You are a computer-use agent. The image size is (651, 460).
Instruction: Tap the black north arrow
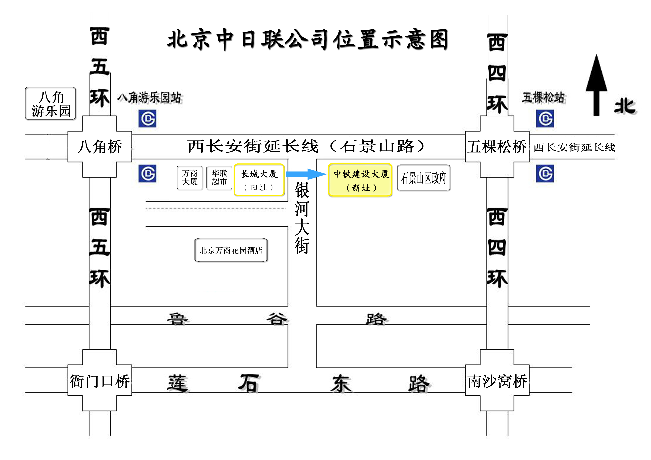(596, 85)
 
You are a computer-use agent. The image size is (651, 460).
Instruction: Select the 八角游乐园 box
(50, 104)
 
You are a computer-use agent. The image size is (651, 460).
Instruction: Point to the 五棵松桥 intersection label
(497, 147)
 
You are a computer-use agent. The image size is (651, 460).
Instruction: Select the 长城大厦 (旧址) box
(259, 180)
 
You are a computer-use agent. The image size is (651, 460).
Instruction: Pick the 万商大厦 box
(190, 178)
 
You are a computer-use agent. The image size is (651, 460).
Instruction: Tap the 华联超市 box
(219, 178)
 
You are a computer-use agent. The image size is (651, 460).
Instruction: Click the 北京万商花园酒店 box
(231, 250)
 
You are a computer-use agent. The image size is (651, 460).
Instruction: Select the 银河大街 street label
(302, 218)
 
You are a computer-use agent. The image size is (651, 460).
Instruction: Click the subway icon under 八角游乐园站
(147, 119)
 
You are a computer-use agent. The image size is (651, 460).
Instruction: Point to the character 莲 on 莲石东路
(177, 383)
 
